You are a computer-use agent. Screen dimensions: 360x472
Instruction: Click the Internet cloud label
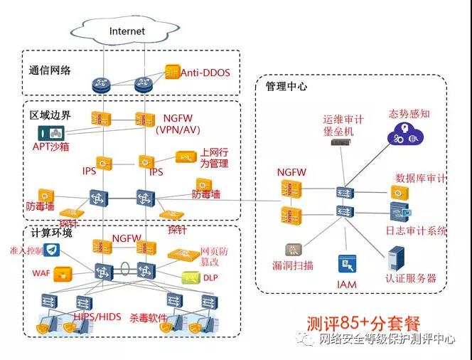point(127,31)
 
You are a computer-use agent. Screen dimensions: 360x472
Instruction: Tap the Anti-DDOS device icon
point(172,72)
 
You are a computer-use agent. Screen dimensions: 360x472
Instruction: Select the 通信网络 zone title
point(50,70)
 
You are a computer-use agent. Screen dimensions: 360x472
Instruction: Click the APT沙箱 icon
point(50,133)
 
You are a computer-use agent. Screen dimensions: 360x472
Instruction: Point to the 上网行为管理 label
point(213,158)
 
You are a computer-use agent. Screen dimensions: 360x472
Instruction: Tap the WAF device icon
point(64,272)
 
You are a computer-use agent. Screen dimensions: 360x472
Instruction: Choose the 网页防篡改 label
point(215,257)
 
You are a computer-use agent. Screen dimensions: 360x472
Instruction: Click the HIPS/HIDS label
point(97,315)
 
